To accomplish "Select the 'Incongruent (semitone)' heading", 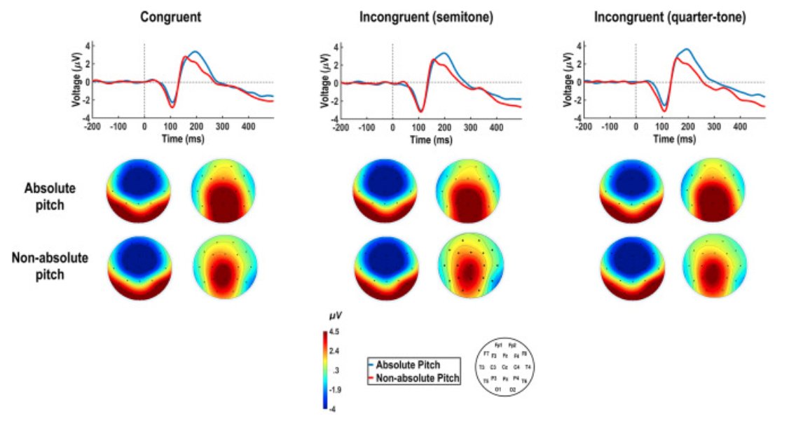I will click(x=426, y=17).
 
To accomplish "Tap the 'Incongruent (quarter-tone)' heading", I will click(x=669, y=17).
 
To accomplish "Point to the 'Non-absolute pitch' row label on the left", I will click(x=50, y=265).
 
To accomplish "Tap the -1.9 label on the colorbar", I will click(x=334, y=389).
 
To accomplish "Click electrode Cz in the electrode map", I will click(x=505, y=367).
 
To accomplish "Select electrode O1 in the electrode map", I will click(x=498, y=388).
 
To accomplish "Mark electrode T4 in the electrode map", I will click(x=528, y=367).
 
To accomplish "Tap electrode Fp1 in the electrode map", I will click(x=498, y=346).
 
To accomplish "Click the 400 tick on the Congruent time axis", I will click(x=248, y=128).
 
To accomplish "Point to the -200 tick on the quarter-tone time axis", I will click(x=582, y=128).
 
